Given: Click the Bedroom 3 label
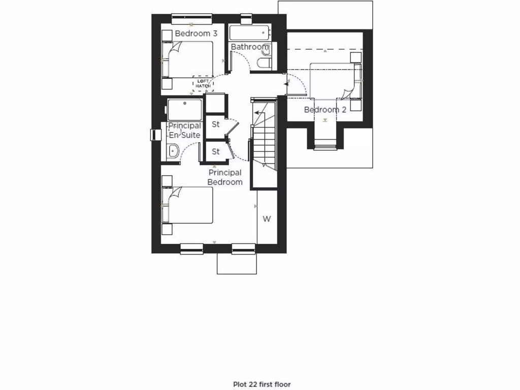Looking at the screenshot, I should pyautogui.click(x=196, y=34).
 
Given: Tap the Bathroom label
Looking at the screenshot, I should pyautogui.click(x=249, y=47).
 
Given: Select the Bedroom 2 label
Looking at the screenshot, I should pyautogui.click(x=325, y=110).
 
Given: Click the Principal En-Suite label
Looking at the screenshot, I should pyautogui.click(x=184, y=130).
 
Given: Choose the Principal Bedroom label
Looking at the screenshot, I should pyautogui.click(x=225, y=177).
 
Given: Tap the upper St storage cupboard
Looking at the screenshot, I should pyautogui.click(x=215, y=124).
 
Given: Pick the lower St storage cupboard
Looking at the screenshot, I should pyautogui.click(x=215, y=151).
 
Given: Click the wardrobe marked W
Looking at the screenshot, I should pyautogui.click(x=267, y=219).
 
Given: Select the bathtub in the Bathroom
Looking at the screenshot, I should pyautogui.click(x=249, y=34).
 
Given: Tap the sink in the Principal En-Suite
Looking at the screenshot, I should pyautogui.click(x=173, y=150).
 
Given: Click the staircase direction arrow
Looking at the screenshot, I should pyautogui.click(x=260, y=112).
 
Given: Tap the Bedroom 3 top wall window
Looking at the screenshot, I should pyautogui.click(x=191, y=18).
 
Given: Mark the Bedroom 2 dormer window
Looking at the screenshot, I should pyautogui.click(x=324, y=147).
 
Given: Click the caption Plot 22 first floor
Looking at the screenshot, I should pyautogui.click(x=262, y=384).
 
